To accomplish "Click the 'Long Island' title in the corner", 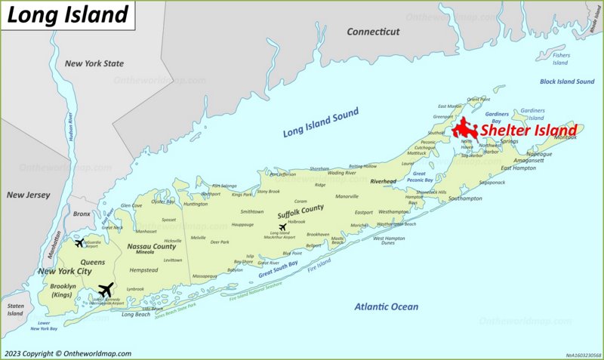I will (x=69, y=14).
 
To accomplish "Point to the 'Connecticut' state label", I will (x=372, y=32).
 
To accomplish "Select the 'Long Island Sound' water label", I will (x=320, y=122).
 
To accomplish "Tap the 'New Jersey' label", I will (x=28, y=195).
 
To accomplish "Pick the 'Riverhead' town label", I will (x=384, y=182).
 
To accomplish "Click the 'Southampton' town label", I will (x=465, y=198).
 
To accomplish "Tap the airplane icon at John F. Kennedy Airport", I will (x=106, y=290).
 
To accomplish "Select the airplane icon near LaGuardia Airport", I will (x=79, y=242).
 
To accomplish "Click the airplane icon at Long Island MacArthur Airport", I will (x=283, y=226).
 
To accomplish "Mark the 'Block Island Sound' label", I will (x=567, y=82).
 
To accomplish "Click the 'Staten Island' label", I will (x=15, y=309).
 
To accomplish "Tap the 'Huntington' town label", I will (x=196, y=204).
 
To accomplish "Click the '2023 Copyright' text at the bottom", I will (x=67, y=353).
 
